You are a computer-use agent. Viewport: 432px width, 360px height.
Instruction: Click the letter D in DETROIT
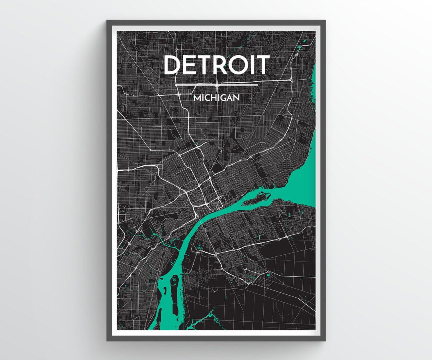click(173, 65)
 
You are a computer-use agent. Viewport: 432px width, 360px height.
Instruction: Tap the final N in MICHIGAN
click(237, 98)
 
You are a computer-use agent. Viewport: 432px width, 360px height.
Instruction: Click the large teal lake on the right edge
click(306, 168)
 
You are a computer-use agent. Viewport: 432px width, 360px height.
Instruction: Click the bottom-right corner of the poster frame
click(325, 340)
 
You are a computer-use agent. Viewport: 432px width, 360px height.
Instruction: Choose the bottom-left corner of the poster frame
click(107, 340)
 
